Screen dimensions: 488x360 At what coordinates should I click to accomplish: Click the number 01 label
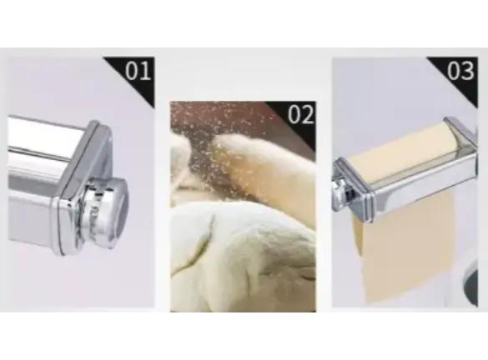138,71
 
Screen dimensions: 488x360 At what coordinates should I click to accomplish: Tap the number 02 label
300,115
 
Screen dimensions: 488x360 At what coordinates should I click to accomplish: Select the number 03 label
461,71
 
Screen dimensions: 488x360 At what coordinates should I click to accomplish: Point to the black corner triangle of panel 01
137,75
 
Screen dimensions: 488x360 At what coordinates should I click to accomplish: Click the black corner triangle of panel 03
460,75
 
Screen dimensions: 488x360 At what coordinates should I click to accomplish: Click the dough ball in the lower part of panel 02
243,258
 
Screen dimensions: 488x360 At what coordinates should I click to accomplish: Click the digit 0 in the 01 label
132,71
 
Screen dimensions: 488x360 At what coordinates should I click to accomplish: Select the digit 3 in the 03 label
468,71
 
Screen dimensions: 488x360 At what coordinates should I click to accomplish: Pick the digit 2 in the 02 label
308,115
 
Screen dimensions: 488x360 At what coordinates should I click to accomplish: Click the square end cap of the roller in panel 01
84,187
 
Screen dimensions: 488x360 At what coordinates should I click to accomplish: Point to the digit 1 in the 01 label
146,71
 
